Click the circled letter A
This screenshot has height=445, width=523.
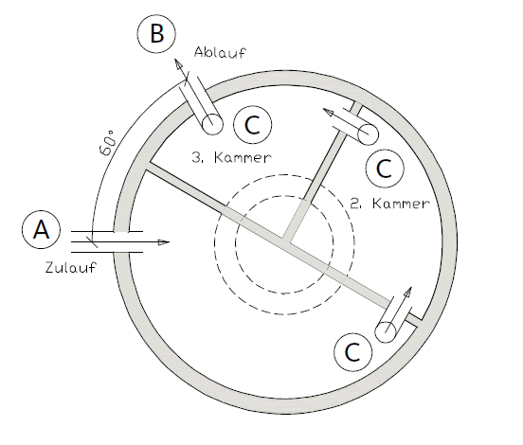point(41,230)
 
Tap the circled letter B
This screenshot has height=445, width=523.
point(156,34)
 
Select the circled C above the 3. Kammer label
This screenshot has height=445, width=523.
point(252,125)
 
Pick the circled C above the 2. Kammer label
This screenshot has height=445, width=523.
point(385,169)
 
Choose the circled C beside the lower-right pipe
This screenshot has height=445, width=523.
point(353,351)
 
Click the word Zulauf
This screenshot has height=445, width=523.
point(71,267)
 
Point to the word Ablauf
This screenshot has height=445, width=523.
point(220,52)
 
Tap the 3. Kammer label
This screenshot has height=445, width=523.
point(232,157)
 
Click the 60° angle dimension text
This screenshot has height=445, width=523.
point(108,143)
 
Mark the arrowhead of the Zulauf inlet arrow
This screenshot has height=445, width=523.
point(163,242)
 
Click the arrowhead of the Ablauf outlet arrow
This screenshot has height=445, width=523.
point(179,64)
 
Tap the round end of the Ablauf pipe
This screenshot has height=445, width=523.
point(212,124)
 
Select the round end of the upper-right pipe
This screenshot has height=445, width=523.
point(368,134)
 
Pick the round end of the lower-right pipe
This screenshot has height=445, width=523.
point(385,332)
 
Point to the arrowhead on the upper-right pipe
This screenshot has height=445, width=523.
point(329,113)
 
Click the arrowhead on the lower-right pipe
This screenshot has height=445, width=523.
point(408,293)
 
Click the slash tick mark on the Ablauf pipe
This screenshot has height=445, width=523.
point(187,79)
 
